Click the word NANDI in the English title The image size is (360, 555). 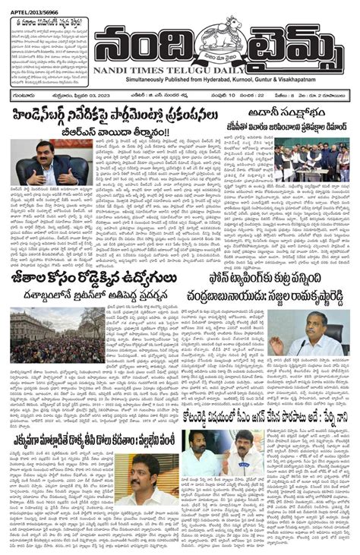[117, 71]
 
